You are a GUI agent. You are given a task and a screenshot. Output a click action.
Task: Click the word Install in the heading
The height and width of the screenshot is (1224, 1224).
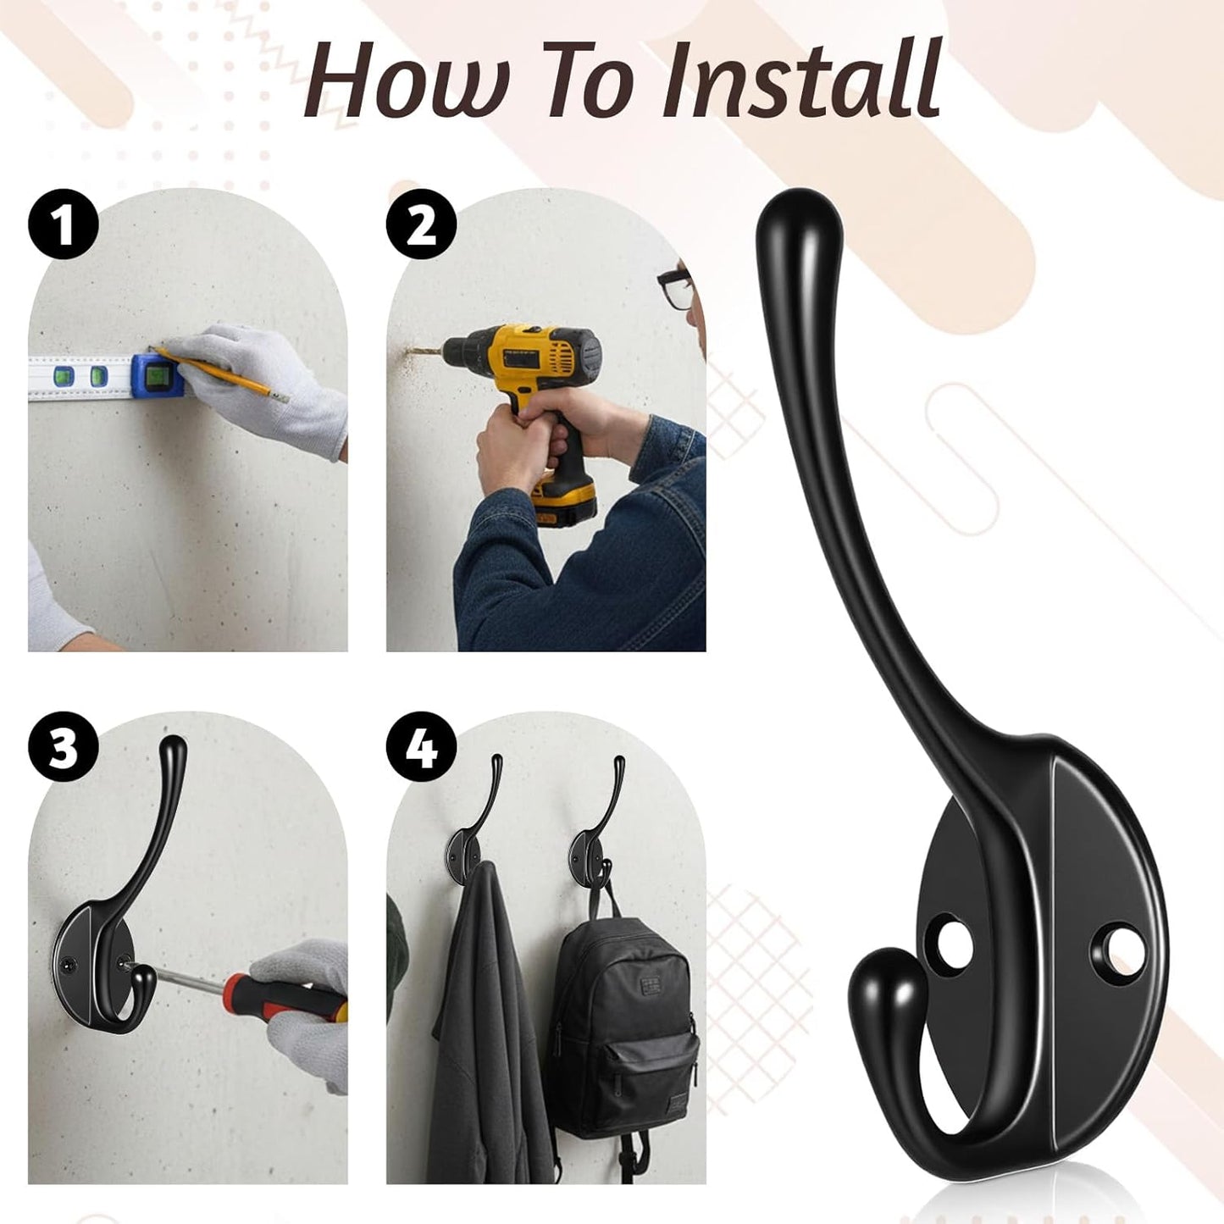click(801, 80)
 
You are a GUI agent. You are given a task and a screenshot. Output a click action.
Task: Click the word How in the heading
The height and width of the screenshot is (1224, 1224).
click(407, 80)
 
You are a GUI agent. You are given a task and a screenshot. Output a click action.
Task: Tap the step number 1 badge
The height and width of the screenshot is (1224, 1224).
click(63, 224)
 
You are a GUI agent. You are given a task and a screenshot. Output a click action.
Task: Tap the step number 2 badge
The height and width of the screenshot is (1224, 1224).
click(421, 224)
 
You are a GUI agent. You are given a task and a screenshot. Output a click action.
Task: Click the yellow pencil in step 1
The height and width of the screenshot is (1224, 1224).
click(222, 374)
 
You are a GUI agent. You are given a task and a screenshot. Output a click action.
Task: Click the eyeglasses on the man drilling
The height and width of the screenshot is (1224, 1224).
click(674, 287)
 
